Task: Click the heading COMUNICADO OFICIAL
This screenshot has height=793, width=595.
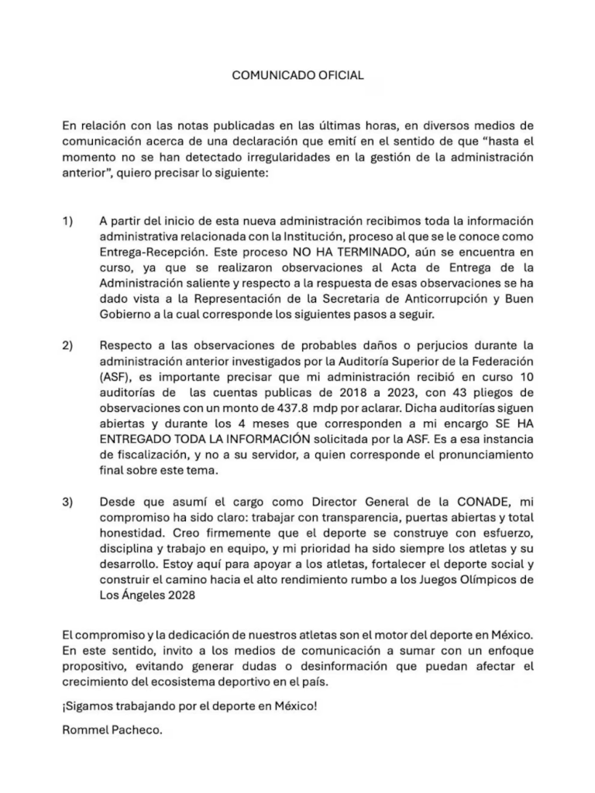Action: coord(297,75)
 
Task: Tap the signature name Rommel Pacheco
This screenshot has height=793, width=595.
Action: coord(113,729)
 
